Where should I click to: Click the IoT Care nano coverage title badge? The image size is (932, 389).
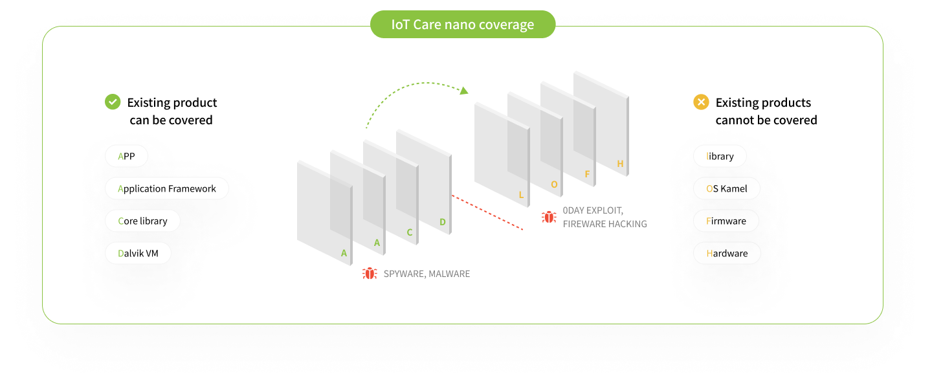(463, 25)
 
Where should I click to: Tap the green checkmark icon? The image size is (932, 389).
(113, 102)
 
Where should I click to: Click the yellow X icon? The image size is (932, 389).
(701, 102)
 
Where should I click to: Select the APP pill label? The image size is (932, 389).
(126, 156)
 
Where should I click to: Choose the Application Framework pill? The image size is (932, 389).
(167, 188)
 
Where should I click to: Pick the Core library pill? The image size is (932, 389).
(142, 221)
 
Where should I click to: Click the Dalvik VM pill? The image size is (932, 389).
(138, 253)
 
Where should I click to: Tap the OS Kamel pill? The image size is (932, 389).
(727, 188)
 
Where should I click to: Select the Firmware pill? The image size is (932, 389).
(726, 221)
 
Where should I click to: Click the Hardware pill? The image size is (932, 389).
(727, 253)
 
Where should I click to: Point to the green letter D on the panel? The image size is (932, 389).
(443, 222)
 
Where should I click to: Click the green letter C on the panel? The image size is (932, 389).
(410, 232)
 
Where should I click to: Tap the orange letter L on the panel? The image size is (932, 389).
(521, 195)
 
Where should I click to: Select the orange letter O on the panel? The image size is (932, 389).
(554, 184)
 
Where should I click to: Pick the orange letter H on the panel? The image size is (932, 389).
(620, 164)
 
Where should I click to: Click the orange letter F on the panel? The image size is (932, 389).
(587, 174)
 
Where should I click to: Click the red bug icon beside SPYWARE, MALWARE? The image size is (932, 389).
(370, 273)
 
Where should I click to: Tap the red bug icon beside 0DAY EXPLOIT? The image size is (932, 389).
(549, 217)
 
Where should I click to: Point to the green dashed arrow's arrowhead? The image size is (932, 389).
(464, 90)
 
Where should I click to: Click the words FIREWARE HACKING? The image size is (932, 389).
(605, 224)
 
